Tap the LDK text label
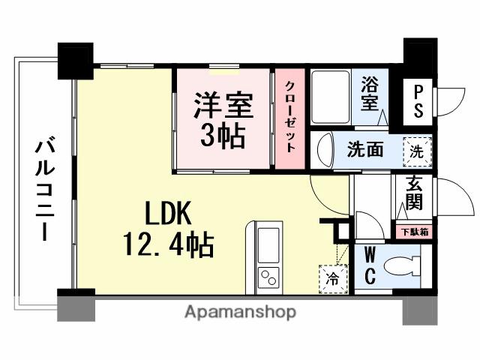point(169,217)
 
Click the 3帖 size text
point(222,135)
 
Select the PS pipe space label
point(418,100)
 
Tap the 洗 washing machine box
point(417,150)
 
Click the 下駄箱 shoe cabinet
point(412,232)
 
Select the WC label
point(370,266)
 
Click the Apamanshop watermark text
point(240,311)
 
